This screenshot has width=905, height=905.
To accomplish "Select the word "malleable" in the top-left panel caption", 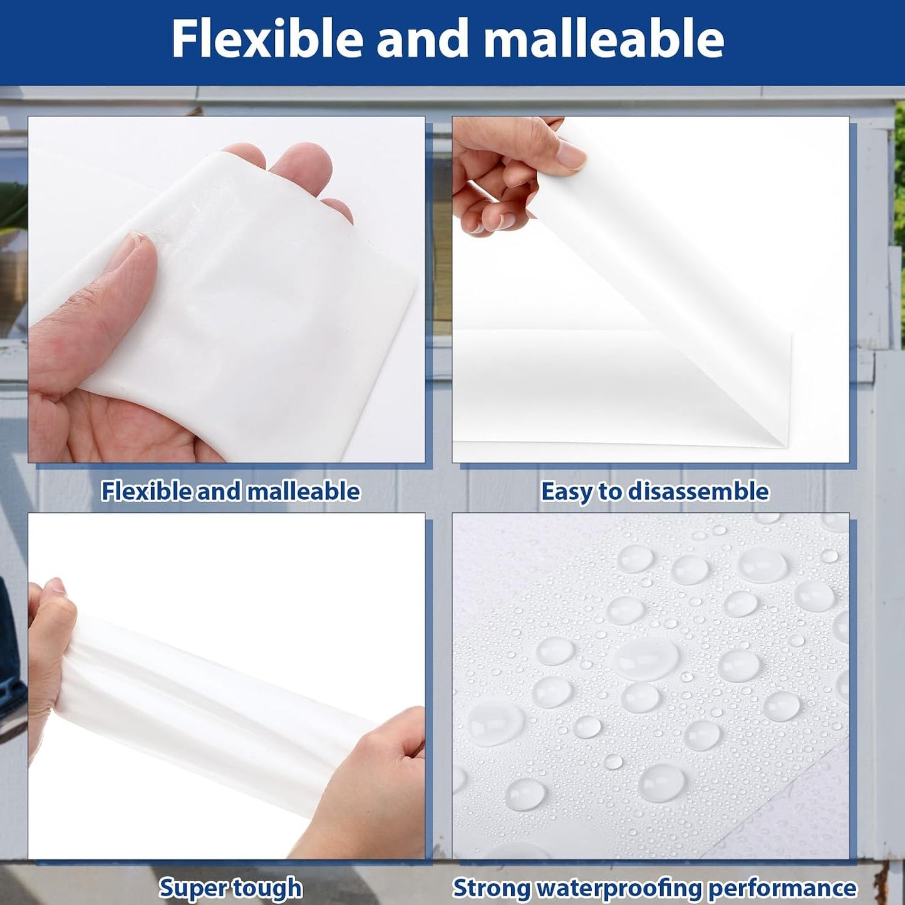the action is click(303, 492).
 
